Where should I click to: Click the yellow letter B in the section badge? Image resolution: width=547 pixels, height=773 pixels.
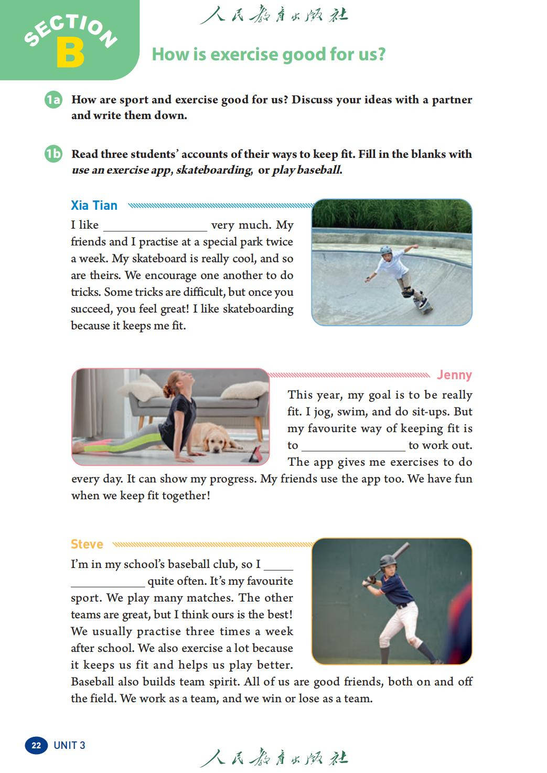[70, 52]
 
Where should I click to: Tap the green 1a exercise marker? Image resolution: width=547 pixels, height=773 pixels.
[53, 100]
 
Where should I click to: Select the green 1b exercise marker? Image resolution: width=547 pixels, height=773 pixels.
[53, 154]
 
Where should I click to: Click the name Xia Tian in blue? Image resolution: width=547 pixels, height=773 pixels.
[94, 206]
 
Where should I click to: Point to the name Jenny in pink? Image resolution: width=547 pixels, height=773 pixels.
[454, 375]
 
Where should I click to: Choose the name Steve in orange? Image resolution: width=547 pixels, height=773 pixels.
[87, 544]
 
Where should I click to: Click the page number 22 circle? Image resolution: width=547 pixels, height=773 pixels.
[36, 745]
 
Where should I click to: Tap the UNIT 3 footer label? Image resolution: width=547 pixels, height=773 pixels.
[69, 745]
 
